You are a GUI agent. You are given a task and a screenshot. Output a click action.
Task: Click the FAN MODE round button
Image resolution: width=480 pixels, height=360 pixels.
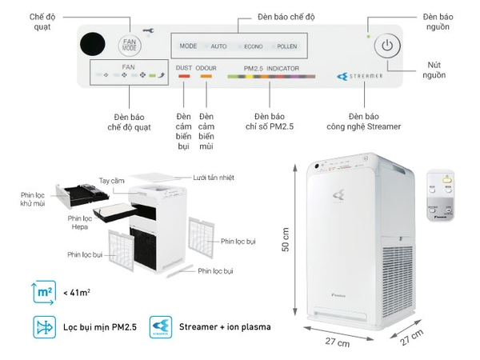pyautogui.click(x=130, y=45)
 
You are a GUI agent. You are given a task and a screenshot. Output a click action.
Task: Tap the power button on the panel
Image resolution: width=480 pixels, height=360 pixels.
pyautogui.click(x=386, y=45)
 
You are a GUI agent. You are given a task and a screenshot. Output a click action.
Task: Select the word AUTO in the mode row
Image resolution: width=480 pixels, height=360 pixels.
pyautogui.click(x=219, y=46)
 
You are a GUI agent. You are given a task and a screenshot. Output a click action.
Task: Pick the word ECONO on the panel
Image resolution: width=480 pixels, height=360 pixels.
pyautogui.click(x=253, y=46)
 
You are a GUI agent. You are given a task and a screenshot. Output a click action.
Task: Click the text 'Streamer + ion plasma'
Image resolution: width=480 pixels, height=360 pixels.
pyautogui.click(x=226, y=327)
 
